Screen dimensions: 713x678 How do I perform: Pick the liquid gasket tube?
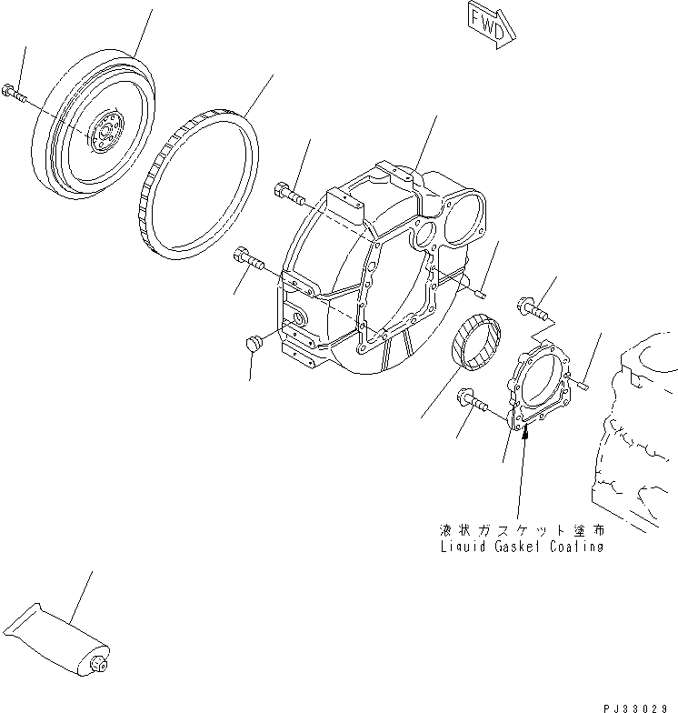click(x=55, y=638)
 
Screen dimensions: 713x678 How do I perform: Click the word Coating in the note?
click(x=576, y=547)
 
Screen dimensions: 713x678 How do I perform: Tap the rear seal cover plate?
click(x=540, y=387)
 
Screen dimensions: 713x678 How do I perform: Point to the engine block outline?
click(x=636, y=427)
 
